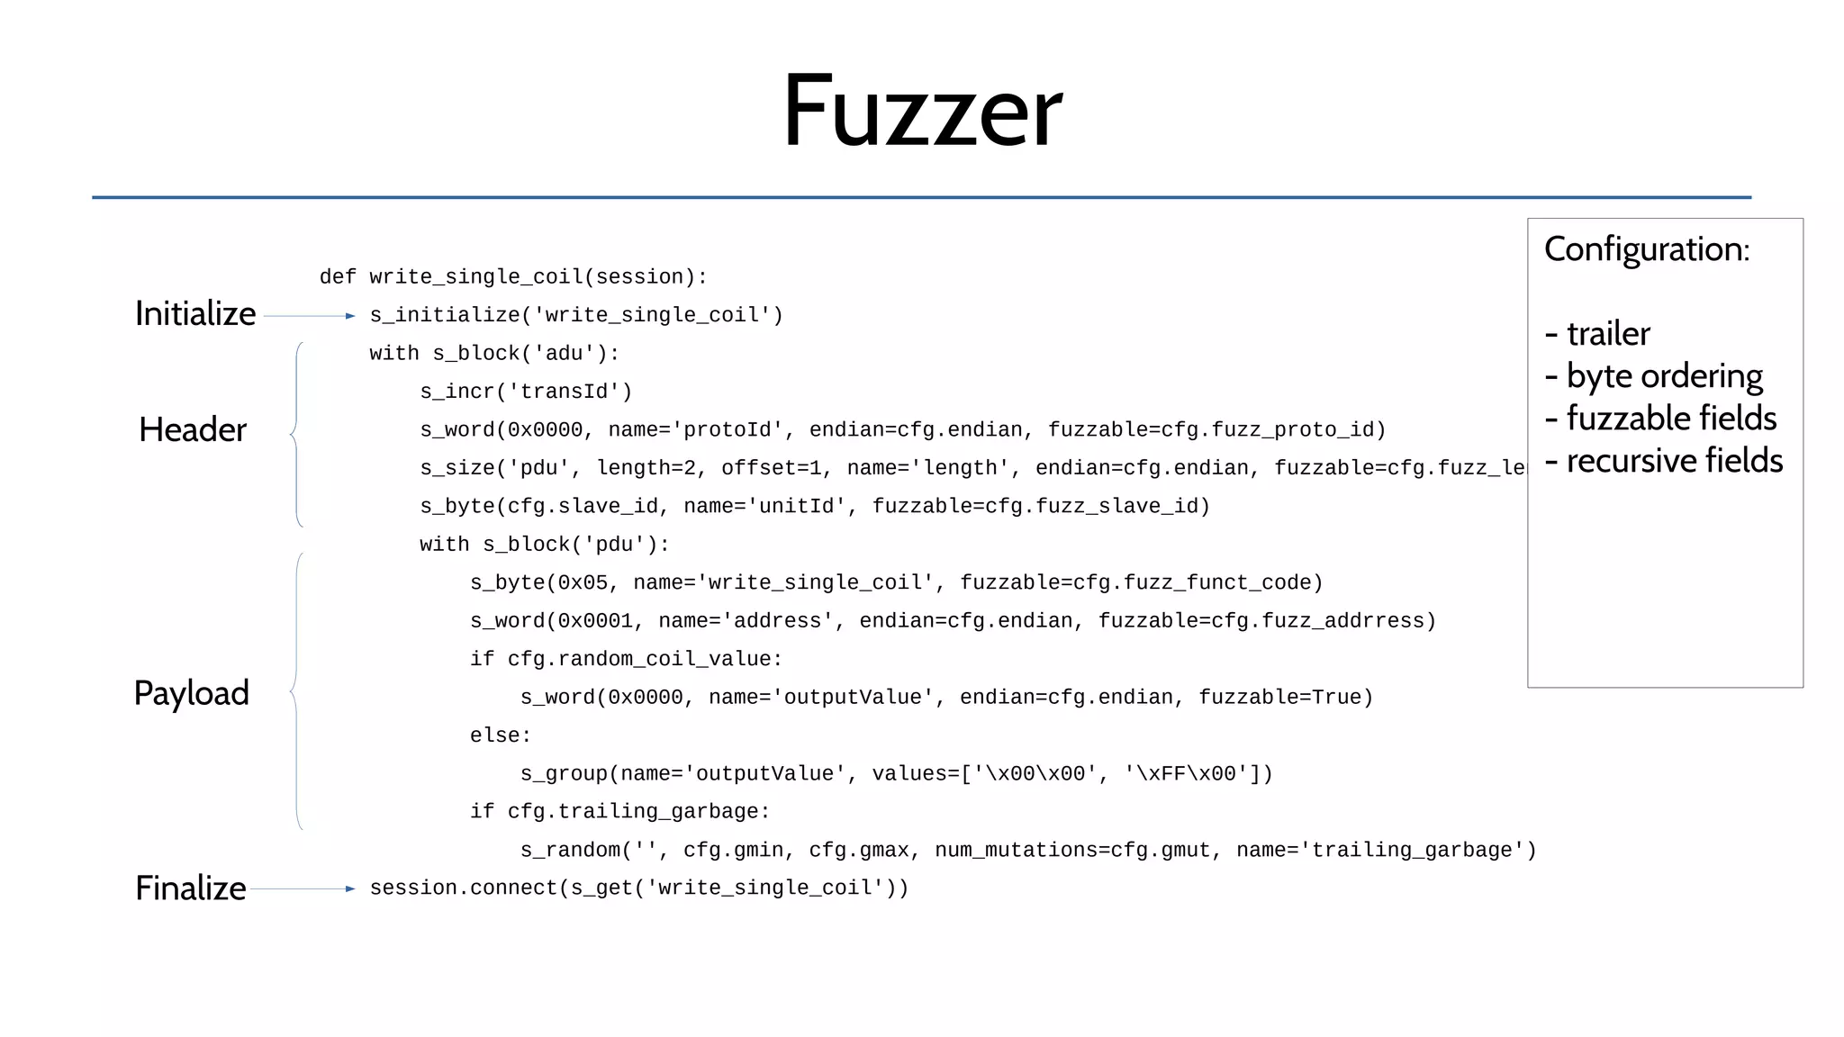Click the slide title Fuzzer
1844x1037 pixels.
tap(922, 112)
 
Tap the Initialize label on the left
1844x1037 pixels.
tap(195, 314)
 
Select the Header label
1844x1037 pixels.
tap(192, 430)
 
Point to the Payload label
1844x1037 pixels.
tap(191, 694)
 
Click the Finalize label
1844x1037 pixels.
tap(190, 888)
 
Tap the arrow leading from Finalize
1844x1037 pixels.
tap(303, 889)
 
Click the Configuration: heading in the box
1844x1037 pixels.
tap(1647, 249)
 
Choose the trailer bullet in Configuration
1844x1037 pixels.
tap(1598, 334)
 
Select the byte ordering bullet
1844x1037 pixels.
tap(1654, 376)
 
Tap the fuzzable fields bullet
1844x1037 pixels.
tap(1661, 419)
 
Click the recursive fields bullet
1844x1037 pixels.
tap(1664, 461)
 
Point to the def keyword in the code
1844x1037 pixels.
tap(338, 277)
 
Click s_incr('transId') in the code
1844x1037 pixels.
tap(526, 392)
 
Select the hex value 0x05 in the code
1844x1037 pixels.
tap(583, 583)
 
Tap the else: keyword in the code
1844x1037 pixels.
tap(500, 735)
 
